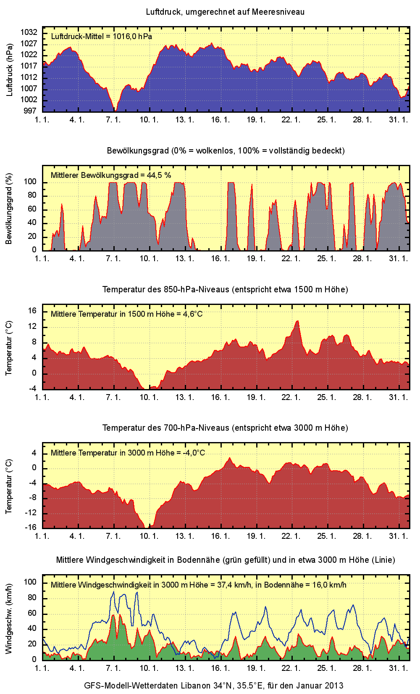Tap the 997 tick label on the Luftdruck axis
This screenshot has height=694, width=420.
[30, 111]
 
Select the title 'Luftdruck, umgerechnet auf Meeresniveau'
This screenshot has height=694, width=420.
[225, 12]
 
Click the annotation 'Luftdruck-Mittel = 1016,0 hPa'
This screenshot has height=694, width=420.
[101, 37]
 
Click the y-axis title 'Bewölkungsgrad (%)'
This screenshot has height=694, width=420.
[9, 209]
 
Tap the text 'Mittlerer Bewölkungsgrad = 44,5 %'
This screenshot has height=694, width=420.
[111, 175]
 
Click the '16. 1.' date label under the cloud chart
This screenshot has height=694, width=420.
[220, 258]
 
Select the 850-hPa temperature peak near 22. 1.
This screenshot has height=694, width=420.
[297, 321]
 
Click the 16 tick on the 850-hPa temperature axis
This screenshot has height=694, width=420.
[32, 311]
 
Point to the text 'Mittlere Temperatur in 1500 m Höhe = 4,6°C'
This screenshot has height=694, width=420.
[126, 314]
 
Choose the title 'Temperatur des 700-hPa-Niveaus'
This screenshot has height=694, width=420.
[225, 428]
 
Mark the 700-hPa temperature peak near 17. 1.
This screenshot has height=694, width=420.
[229, 458]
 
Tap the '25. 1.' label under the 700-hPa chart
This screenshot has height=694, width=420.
[327, 536]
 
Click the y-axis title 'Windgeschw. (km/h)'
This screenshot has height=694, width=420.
[9, 618]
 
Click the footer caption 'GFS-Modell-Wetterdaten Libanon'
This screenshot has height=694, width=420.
[213, 686]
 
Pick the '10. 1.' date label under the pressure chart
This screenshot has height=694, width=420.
[149, 119]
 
